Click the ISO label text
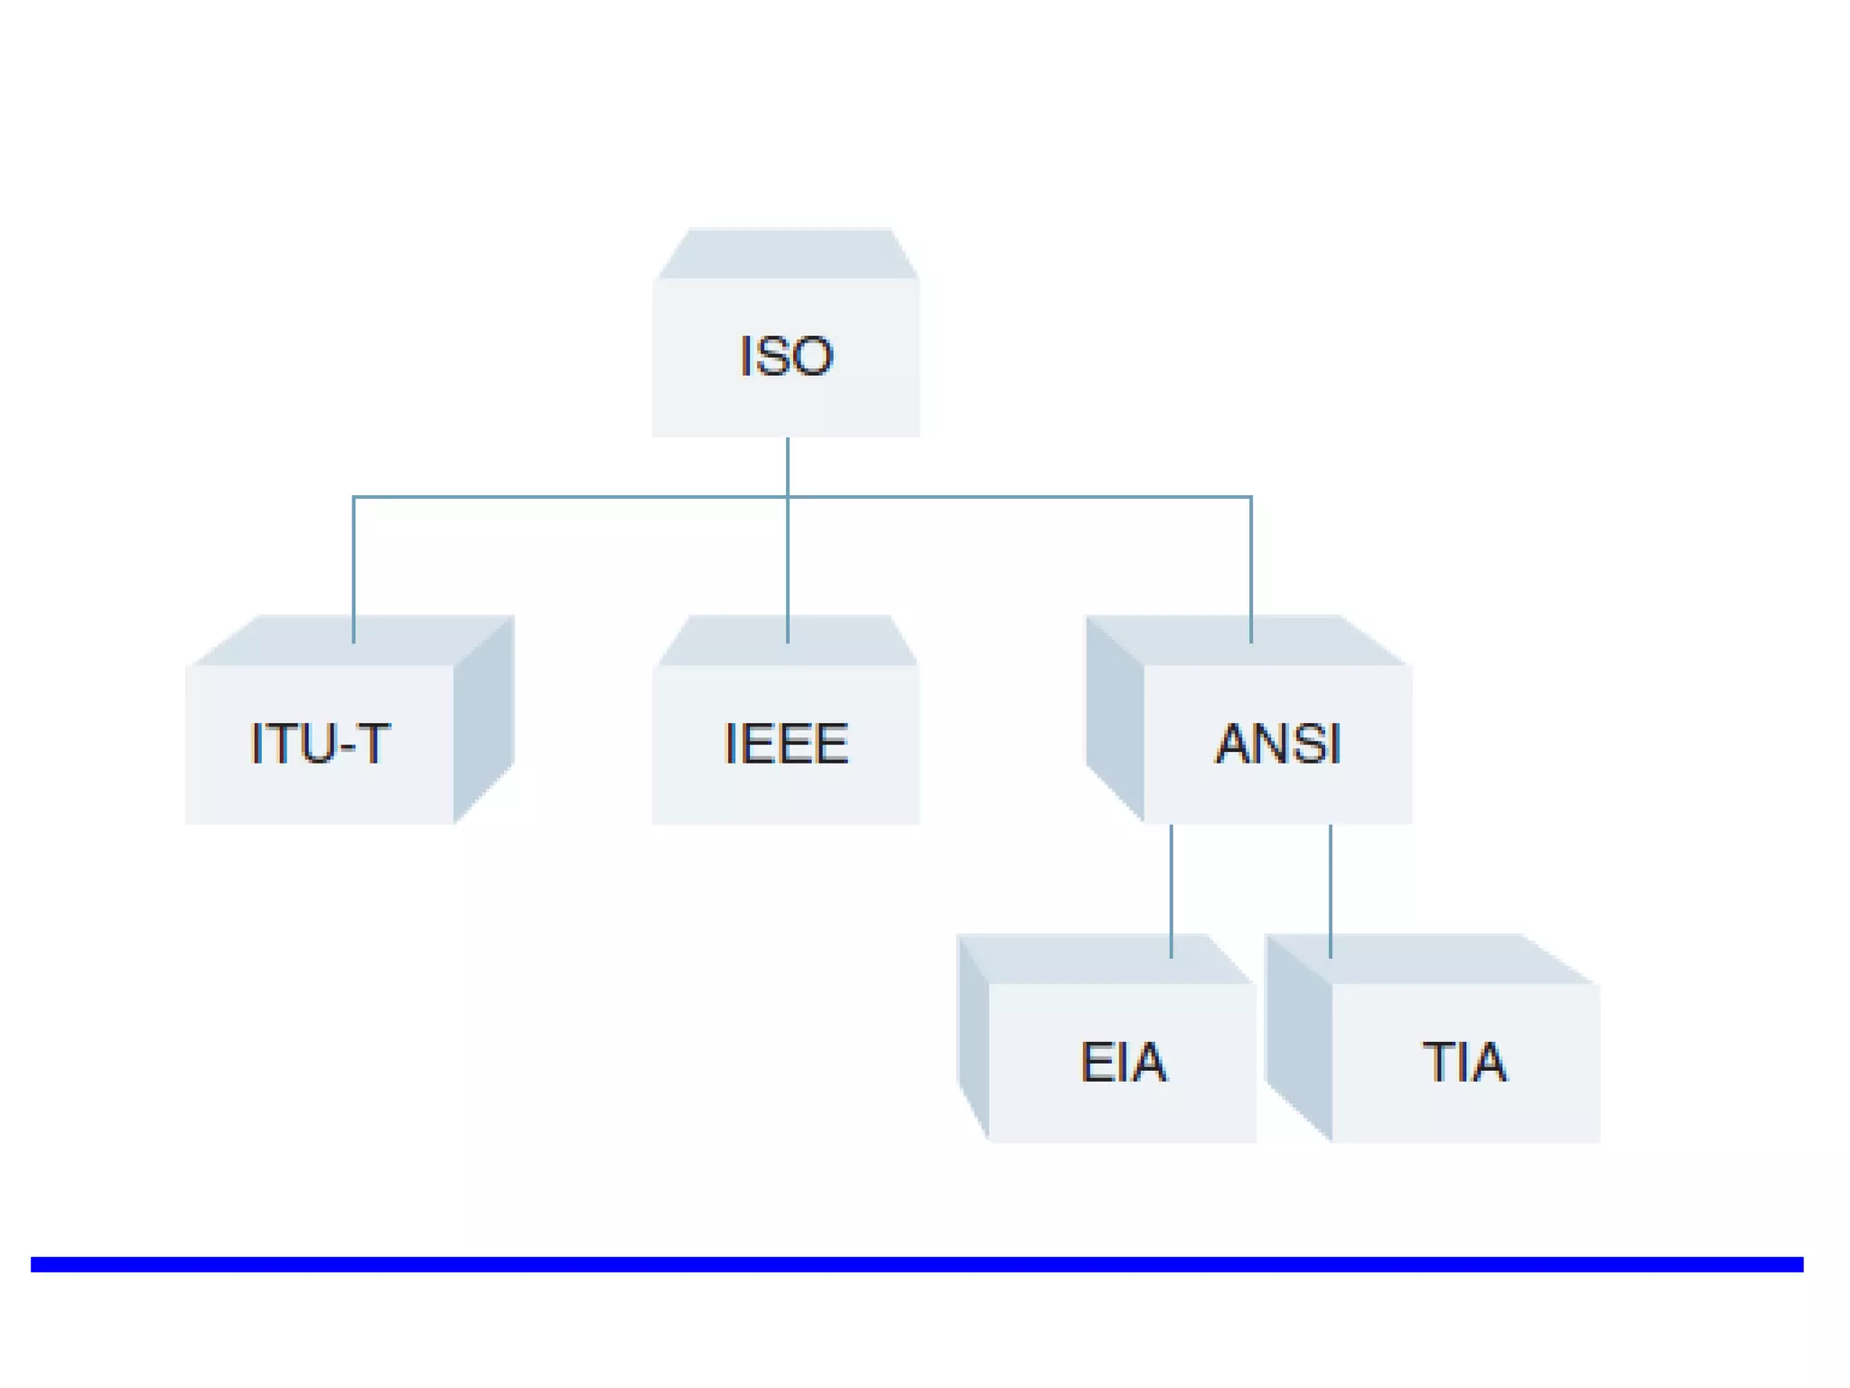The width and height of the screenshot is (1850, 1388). click(786, 356)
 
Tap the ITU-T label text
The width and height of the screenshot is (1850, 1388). click(320, 744)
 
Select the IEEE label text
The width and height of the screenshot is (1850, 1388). click(786, 744)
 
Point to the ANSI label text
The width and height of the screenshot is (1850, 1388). click(1277, 744)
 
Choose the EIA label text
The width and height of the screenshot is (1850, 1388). click(1123, 1062)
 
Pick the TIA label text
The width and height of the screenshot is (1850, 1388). click(1464, 1062)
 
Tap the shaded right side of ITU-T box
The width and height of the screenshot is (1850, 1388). click(484, 718)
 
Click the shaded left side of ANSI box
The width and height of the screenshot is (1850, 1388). click(1115, 718)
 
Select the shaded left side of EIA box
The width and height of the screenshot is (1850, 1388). click(974, 1039)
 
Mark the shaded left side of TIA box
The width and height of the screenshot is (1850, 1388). click(1299, 1039)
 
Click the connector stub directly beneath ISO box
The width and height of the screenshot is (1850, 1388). click(788, 465)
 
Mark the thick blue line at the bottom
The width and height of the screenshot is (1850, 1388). click(916, 1264)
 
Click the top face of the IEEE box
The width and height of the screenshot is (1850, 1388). click(741, 641)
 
